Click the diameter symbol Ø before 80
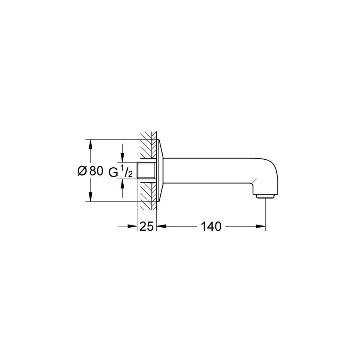[x=82, y=171]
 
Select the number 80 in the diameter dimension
[x=96, y=171]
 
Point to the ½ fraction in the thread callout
[x=125, y=172]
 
